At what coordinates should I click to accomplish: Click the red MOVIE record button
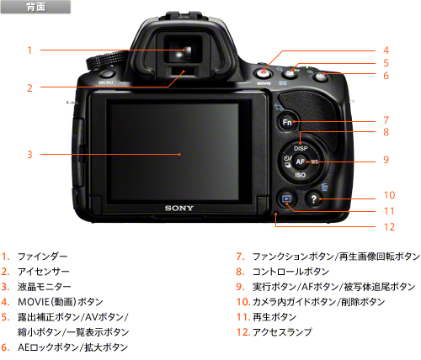point(264,73)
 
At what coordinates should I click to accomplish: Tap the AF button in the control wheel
point(300,161)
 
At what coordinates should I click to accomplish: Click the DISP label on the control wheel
point(301,148)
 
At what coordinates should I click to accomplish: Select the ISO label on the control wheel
point(301,175)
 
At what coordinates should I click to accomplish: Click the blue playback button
point(286,199)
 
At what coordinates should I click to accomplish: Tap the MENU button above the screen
point(107,74)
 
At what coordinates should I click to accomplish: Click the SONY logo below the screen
point(179,208)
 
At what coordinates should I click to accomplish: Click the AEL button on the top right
point(320,77)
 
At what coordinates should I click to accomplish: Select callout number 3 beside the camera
point(29,155)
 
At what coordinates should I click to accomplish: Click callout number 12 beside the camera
point(389,226)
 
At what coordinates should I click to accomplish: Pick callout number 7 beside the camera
point(386,120)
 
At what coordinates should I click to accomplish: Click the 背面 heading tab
point(35,7)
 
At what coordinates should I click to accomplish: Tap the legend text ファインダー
point(43,257)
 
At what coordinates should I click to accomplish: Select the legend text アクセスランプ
point(282,332)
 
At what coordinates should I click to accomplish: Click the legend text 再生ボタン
point(274,317)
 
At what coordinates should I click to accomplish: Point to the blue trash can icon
point(325,187)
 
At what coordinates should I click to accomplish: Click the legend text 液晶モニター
point(45,287)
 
